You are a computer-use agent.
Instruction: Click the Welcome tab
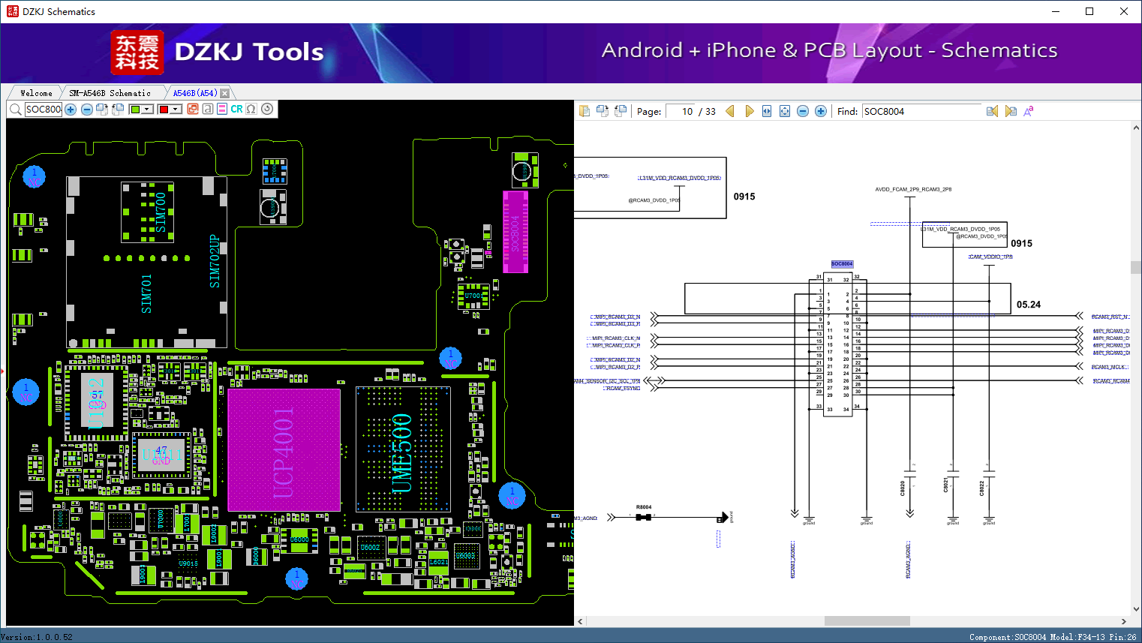pos(36,93)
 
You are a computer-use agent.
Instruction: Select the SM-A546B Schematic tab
pos(110,93)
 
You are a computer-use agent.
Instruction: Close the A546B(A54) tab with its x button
pos(224,93)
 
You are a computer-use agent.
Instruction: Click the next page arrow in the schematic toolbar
pos(749,111)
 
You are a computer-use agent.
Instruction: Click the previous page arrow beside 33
pos(729,111)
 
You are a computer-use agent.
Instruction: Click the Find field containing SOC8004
pos(921,111)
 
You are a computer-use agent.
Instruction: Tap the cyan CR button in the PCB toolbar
pos(236,109)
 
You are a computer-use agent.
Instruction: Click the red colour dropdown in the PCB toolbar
pos(170,109)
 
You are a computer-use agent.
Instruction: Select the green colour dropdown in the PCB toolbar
pos(141,109)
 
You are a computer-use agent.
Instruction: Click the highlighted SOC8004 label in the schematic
pos(842,264)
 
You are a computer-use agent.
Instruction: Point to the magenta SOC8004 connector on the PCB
pos(515,232)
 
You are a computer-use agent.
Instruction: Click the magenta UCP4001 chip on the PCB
pos(284,449)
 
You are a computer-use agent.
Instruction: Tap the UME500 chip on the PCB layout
pos(402,449)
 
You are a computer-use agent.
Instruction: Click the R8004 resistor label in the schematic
pos(644,507)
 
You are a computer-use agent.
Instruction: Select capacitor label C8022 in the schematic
pos(981,487)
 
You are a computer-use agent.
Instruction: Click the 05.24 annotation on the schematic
pos(1028,305)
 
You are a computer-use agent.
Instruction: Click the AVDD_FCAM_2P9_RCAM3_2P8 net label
pos(912,190)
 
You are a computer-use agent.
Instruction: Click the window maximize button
pos(1089,11)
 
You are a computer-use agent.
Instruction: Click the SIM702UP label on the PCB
pos(215,261)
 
